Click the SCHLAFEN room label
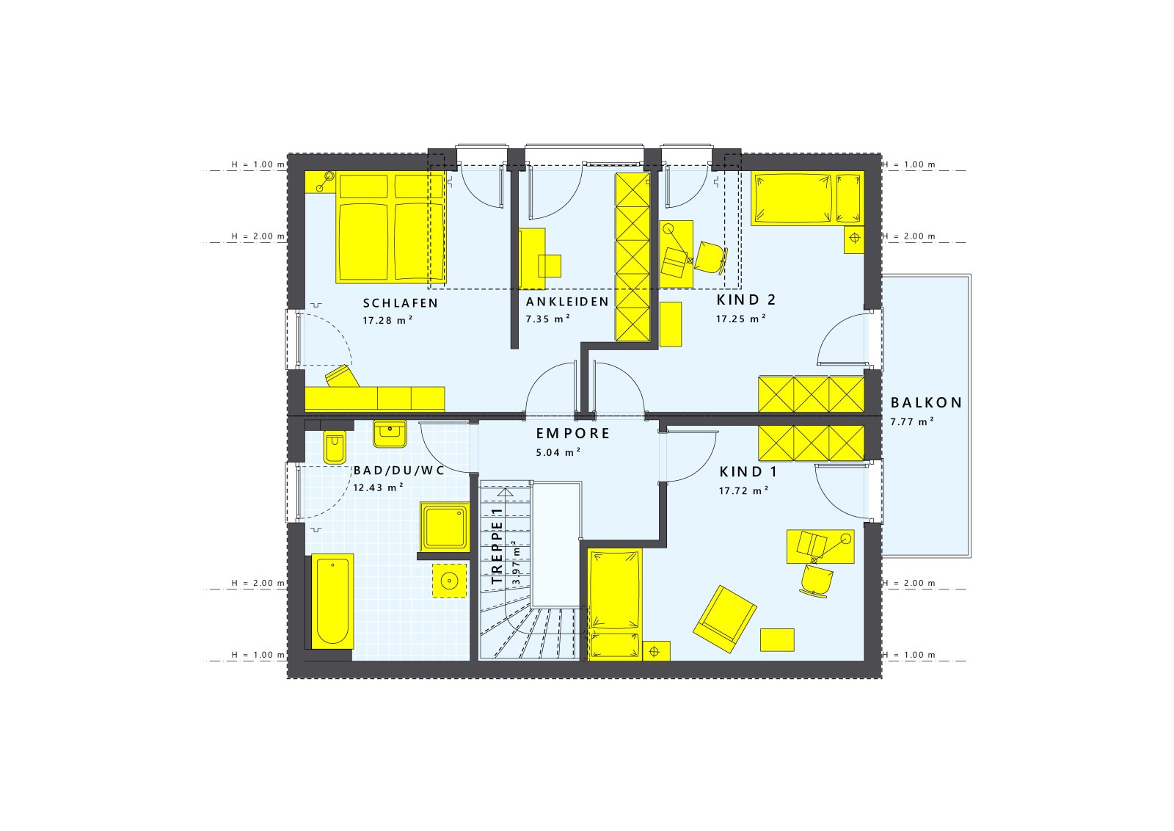[x=400, y=303]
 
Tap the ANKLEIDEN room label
[x=567, y=302]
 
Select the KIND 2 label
[x=746, y=300]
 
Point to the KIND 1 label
[x=748, y=472]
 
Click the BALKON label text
[x=926, y=403]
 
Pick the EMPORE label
[x=573, y=434]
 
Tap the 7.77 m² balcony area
[x=912, y=422]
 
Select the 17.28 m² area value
[x=387, y=321]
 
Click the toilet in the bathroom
[x=334, y=447]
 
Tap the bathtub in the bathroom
[x=332, y=601]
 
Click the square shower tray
[x=445, y=526]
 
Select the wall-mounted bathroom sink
[x=389, y=433]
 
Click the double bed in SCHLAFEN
[x=391, y=228]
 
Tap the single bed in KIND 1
[x=615, y=602]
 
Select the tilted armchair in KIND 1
[x=724, y=618]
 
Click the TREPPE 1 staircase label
[x=498, y=545]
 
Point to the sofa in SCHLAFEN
[x=374, y=397]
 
